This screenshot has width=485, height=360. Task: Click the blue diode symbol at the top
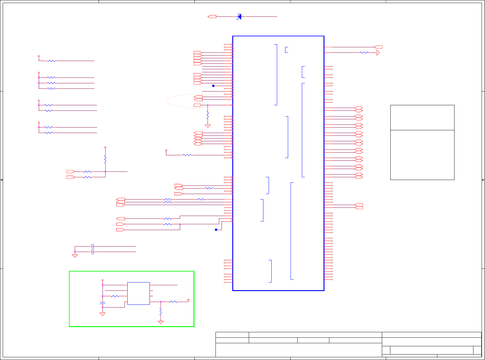[239, 16]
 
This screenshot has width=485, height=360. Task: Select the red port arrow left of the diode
[212, 16]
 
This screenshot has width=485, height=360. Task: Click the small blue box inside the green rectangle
[138, 293]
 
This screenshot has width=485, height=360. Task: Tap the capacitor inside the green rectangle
[103, 303]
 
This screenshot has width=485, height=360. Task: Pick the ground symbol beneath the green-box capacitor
[103, 314]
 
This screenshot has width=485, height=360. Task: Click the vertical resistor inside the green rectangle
[161, 311]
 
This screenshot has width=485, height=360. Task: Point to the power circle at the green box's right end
[188, 300]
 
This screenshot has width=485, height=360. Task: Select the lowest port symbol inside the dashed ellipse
[198, 105]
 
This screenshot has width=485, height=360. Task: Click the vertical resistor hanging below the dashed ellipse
[208, 115]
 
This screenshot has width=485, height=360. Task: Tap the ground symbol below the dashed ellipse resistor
[208, 126]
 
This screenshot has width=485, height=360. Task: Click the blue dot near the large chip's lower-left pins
[216, 230]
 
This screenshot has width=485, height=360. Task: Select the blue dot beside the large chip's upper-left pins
[213, 86]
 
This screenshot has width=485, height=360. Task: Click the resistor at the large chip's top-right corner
[364, 53]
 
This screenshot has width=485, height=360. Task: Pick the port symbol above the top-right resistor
[378, 47]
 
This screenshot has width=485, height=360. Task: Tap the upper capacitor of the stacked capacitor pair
[93, 246]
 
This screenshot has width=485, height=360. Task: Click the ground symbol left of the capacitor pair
[75, 256]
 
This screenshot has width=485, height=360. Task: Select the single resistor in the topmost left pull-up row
[51, 61]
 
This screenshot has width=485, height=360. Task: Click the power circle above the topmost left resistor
[39, 56]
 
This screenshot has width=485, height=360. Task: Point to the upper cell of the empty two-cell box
[422, 118]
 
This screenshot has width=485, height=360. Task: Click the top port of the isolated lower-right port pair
[359, 204]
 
